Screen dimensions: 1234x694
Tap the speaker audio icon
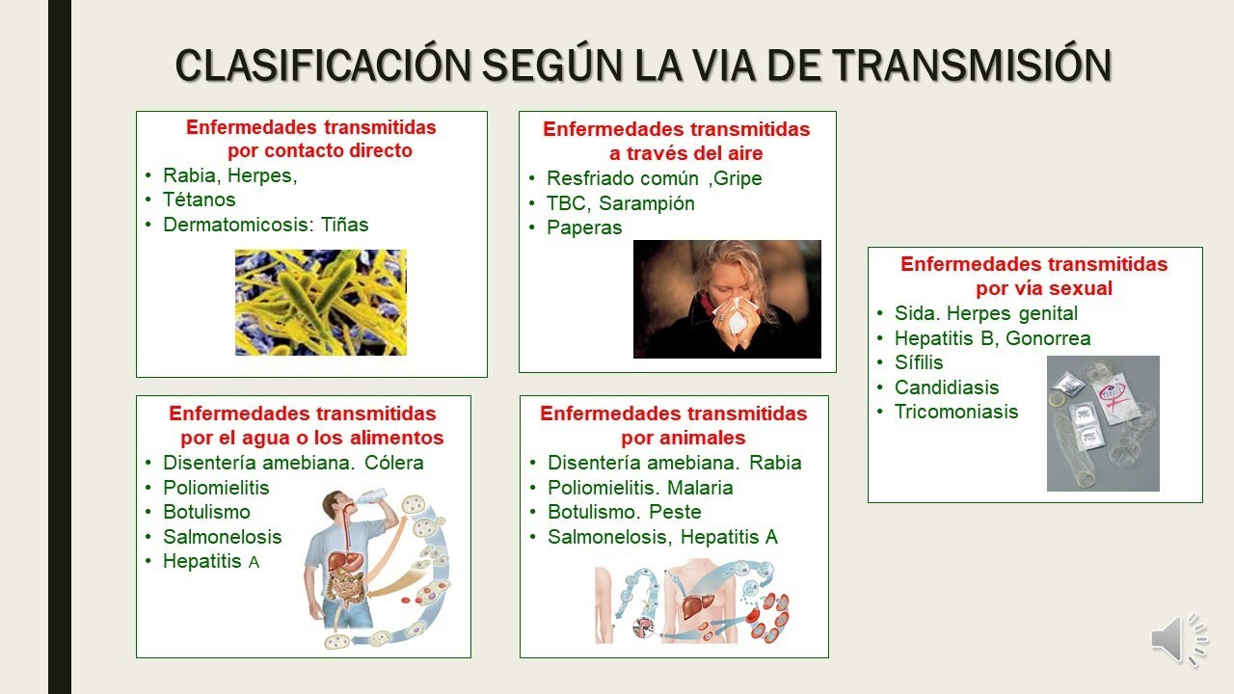coord(1179,638)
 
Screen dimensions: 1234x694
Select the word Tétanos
coord(199,200)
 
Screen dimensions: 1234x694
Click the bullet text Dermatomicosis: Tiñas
coord(265,225)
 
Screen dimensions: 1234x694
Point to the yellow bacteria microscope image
coord(321,303)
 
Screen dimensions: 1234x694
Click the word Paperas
coord(584,227)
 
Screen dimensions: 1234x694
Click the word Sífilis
coord(919,362)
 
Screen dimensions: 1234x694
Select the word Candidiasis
coord(947,387)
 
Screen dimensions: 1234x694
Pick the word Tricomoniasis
coord(955,412)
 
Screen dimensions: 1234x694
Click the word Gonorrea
coord(1048,338)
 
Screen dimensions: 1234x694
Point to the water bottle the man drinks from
coord(370,496)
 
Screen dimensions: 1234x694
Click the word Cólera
coord(394,463)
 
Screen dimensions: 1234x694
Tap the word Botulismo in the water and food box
coord(206,512)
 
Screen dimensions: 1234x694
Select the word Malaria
coord(700,488)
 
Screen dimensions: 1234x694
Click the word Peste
coord(675,512)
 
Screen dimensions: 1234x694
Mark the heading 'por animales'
coord(684,438)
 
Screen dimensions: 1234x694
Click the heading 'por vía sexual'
coord(1044,288)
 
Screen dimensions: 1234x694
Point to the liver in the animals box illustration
coord(697,605)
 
